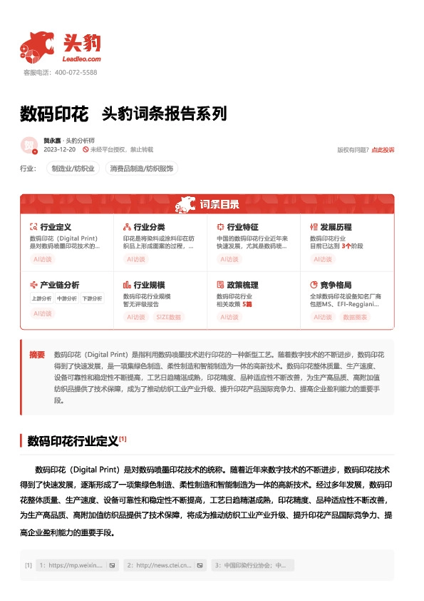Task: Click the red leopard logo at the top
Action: [x=37, y=46]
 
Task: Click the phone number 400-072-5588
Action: [x=76, y=72]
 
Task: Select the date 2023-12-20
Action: [x=60, y=150]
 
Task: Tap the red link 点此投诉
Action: [x=383, y=150]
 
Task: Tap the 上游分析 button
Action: [x=42, y=298]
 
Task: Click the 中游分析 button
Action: [x=66, y=298]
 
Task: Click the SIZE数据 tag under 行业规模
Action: [x=169, y=316]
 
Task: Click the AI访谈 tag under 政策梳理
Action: [x=229, y=316]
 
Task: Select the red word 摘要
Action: [x=36, y=354]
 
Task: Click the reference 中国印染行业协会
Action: [x=253, y=565]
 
